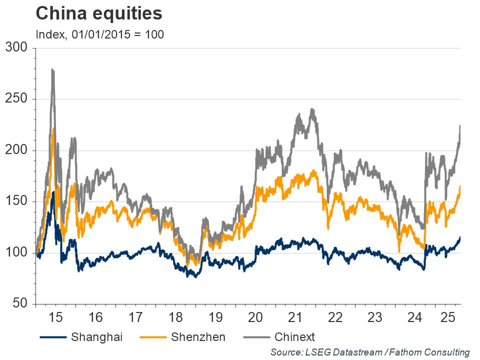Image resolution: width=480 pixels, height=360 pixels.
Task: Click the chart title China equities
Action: [x=99, y=13]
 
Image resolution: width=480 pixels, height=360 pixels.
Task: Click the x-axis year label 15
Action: [x=55, y=317]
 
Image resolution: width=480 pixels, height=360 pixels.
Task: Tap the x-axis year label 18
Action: [x=175, y=317]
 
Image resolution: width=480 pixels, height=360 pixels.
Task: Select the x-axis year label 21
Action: [x=295, y=317]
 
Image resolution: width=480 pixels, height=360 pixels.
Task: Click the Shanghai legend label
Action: [x=96, y=336]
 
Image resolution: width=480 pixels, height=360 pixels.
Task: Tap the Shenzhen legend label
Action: [x=198, y=336]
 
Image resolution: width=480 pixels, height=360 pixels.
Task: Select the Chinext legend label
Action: [x=294, y=336]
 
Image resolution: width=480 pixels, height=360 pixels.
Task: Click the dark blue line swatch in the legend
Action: [x=53, y=336]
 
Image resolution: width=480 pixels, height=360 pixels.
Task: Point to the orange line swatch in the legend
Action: [x=152, y=336]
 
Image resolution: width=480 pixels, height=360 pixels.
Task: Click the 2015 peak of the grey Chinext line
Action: [x=52, y=70]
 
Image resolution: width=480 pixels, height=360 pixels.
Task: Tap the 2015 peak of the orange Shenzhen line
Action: [x=53, y=129]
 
